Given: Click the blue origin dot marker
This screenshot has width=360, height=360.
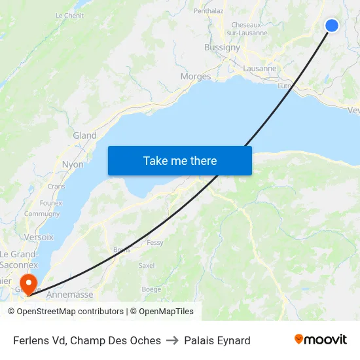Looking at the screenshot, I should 332,26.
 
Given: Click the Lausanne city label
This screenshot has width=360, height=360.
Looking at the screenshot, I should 260,68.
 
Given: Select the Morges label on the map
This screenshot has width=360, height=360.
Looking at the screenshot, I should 195,77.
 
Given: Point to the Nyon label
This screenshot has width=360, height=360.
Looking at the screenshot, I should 73,164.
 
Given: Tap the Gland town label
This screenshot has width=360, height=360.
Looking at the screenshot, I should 84,135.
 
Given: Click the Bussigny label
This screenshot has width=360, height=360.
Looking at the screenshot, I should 222,47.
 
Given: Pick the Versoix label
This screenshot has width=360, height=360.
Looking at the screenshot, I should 39,237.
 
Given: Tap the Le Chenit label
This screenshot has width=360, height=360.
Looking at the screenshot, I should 69,16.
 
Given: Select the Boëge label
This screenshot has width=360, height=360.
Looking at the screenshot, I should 151,289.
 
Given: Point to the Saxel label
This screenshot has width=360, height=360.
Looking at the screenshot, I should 147,265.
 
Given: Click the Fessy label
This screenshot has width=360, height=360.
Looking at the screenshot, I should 155,243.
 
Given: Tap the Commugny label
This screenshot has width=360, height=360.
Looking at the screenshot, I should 42,213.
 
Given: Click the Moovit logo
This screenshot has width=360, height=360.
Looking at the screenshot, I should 320,340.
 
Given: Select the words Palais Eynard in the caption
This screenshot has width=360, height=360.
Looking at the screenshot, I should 217,340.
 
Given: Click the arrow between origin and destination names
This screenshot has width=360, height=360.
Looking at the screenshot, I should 173,340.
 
